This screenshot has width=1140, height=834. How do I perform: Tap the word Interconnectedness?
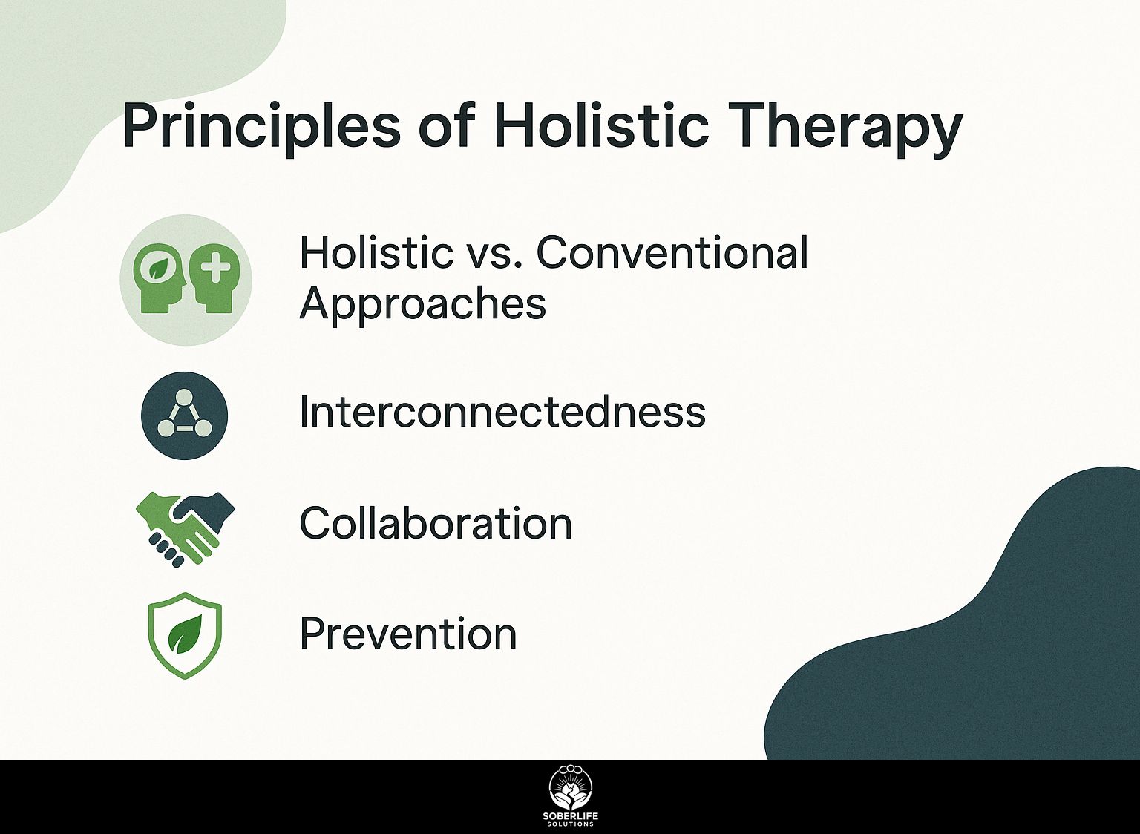[502, 412]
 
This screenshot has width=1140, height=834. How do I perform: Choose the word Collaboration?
[436, 522]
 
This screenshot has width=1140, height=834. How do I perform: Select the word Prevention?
[408, 634]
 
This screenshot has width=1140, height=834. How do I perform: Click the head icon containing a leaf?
[158, 279]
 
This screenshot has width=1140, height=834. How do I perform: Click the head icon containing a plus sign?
[214, 279]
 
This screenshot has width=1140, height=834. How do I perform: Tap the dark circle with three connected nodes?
[184, 416]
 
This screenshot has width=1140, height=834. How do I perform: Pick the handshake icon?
[186, 529]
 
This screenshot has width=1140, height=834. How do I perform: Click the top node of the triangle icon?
[184, 396]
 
